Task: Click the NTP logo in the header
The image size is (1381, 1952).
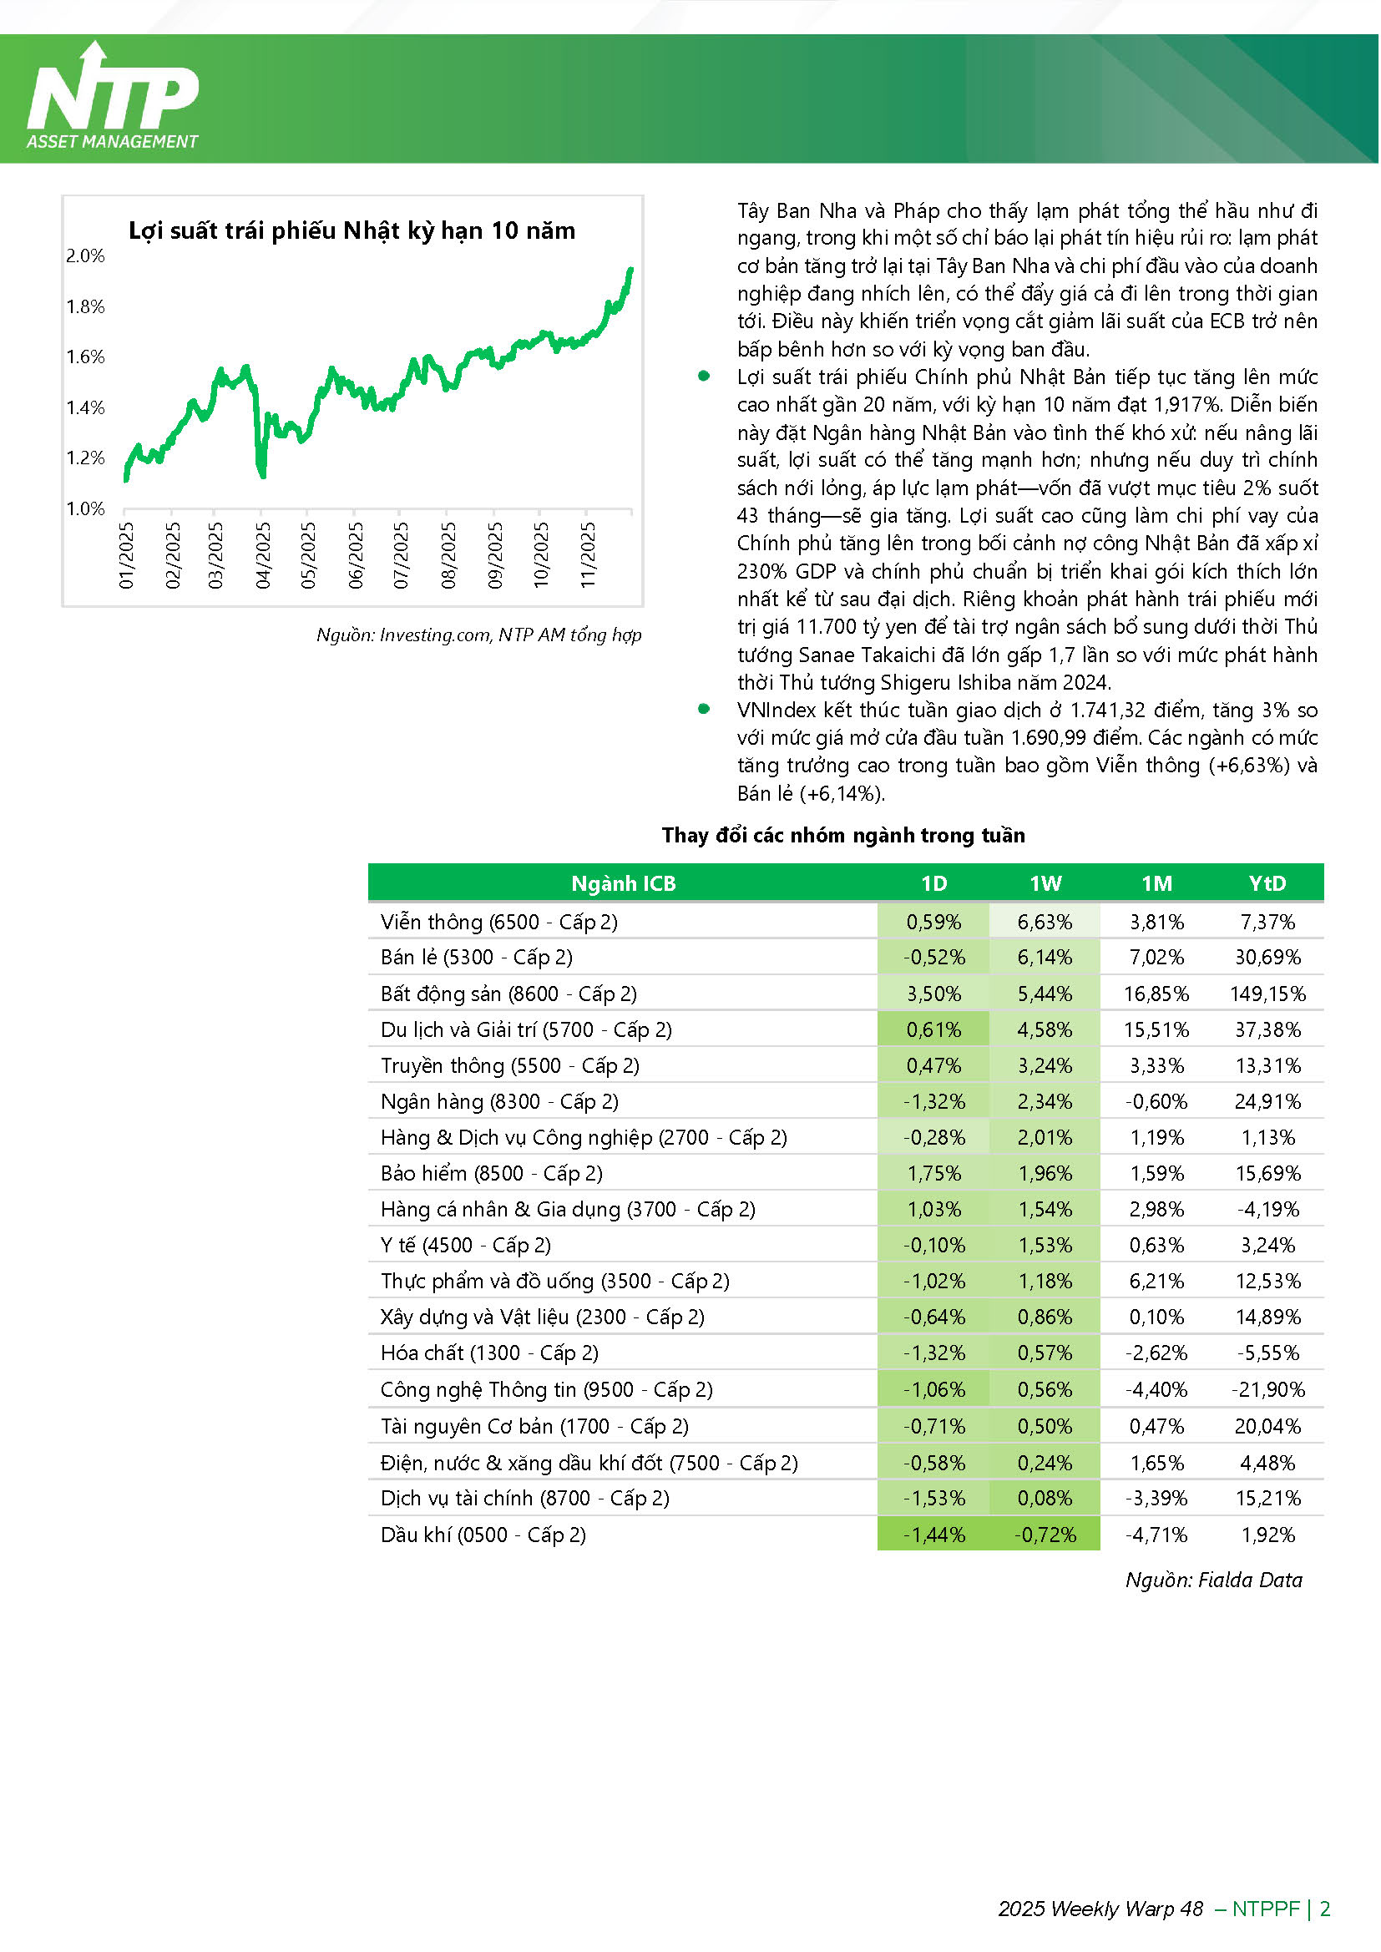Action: coord(112,98)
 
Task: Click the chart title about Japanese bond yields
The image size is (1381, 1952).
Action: coord(352,230)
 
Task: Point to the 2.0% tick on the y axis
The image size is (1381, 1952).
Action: coord(86,256)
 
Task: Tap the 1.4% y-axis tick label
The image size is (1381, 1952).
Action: coord(86,407)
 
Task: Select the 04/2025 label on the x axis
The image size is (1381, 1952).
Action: coord(264,555)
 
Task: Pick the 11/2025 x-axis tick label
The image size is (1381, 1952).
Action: coord(588,555)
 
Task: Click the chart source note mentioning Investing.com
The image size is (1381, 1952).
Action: coord(478,635)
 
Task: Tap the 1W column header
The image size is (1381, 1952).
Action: coord(1045,883)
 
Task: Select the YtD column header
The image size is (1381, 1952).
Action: coord(1267,883)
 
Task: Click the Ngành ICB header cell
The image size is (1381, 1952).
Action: coord(624,883)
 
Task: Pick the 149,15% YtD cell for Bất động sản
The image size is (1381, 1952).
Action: coord(1267,994)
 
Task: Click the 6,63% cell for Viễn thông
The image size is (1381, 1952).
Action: coord(1045,923)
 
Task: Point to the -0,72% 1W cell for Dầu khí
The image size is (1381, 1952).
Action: coord(1045,1535)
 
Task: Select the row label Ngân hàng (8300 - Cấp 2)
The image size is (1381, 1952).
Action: coord(500,1102)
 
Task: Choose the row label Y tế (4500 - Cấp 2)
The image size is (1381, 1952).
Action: coord(466,1246)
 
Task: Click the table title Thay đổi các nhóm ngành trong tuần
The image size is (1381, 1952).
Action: coord(843,835)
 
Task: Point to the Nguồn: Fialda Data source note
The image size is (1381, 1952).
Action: coord(1213,1580)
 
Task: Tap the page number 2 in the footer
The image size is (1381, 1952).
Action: coord(1325,1909)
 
